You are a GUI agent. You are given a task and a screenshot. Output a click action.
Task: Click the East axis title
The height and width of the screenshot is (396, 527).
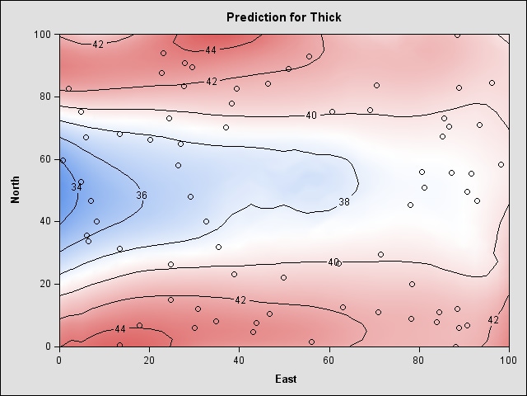pyautogui.click(x=284, y=379)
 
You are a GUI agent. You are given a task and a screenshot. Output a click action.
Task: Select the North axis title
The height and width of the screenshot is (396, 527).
pyautogui.click(x=16, y=189)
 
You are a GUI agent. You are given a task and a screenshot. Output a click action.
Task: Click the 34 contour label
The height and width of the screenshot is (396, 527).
pyautogui.click(x=77, y=187)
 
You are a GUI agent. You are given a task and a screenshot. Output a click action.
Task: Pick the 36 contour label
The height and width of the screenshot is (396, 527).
pyautogui.click(x=142, y=196)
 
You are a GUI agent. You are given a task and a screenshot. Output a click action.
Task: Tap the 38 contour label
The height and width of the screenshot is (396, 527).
pyautogui.click(x=344, y=202)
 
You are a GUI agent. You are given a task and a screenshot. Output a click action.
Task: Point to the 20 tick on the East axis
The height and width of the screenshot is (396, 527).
pyautogui.click(x=149, y=360)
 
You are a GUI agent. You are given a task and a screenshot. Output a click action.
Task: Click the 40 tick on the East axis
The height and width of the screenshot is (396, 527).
pyautogui.click(x=239, y=360)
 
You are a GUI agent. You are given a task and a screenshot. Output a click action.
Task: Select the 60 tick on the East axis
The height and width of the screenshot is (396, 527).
pyautogui.click(x=329, y=360)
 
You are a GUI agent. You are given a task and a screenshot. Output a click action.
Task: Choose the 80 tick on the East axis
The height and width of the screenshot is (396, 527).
pyautogui.click(x=418, y=360)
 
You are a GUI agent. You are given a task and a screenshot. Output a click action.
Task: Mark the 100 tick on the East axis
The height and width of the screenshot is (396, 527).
pyautogui.click(x=508, y=360)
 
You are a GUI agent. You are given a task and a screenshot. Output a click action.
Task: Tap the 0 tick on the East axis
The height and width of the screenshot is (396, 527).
pyautogui.click(x=59, y=360)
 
